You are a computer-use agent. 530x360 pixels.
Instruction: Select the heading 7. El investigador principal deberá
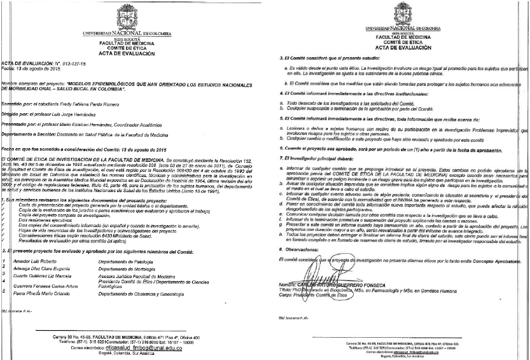tap(318, 156)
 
